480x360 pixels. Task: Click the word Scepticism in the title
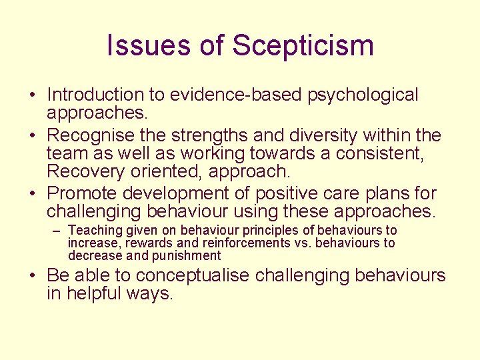coord(303,46)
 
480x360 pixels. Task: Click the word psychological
coord(363,96)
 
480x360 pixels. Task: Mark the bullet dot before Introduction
coord(33,96)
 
